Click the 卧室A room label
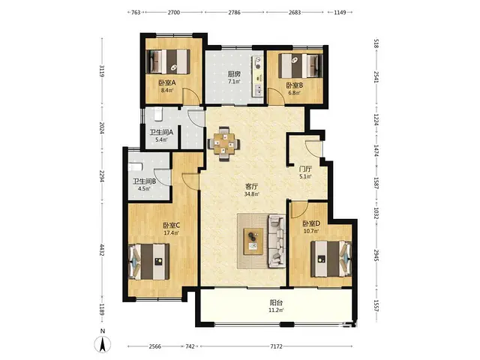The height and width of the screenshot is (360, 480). click(166, 82)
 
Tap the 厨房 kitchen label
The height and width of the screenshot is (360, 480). click(234, 74)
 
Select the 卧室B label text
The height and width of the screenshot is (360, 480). click(295, 85)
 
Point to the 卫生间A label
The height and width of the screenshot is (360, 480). click(161, 133)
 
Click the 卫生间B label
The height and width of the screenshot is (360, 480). click(144, 181)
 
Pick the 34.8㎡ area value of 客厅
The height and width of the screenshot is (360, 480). click(252, 193)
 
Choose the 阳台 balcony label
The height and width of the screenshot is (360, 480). click(276, 303)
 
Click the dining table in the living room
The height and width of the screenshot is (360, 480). click(223, 143)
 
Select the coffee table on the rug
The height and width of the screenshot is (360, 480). click(253, 241)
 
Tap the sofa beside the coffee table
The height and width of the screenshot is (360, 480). click(277, 241)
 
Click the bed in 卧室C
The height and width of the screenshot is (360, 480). click(149, 261)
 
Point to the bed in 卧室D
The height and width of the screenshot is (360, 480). click(331, 259)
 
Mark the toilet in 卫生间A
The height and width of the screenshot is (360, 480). click(158, 114)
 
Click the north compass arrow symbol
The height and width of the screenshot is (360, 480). click(103, 344)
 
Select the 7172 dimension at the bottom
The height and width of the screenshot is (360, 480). click(276, 346)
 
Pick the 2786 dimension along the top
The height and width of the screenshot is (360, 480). click(234, 13)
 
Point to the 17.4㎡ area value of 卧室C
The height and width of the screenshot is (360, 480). click(171, 232)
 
